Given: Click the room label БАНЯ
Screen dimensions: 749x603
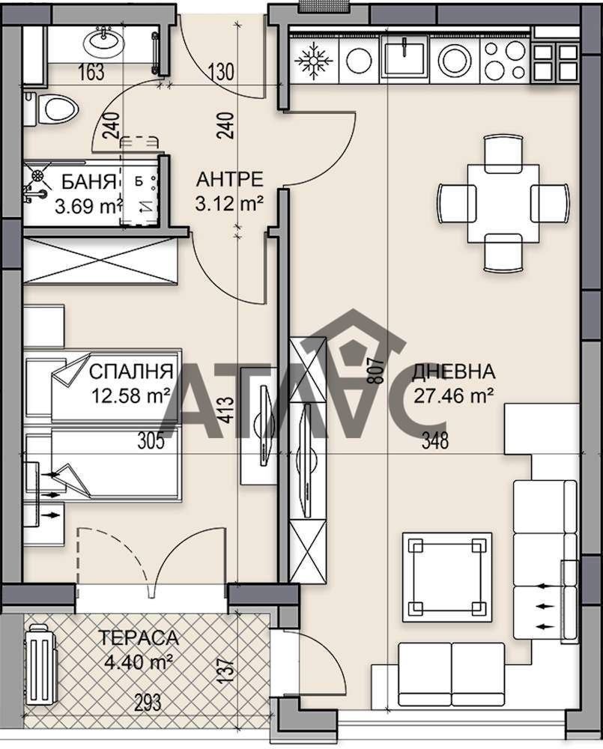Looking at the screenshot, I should tap(88, 181).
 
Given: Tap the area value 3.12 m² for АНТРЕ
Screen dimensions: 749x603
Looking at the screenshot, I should tap(229, 202).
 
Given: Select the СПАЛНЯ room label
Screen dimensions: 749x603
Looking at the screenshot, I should tap(131, 372).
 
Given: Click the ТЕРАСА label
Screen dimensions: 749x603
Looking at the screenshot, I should tap(139, 638).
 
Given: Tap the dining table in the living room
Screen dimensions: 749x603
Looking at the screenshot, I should tap(502, 202).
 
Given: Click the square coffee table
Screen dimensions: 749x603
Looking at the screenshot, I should tap(447, 577).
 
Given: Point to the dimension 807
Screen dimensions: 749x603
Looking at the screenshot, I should tap(376, 370).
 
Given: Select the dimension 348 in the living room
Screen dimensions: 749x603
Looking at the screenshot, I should tap(434, 442).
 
